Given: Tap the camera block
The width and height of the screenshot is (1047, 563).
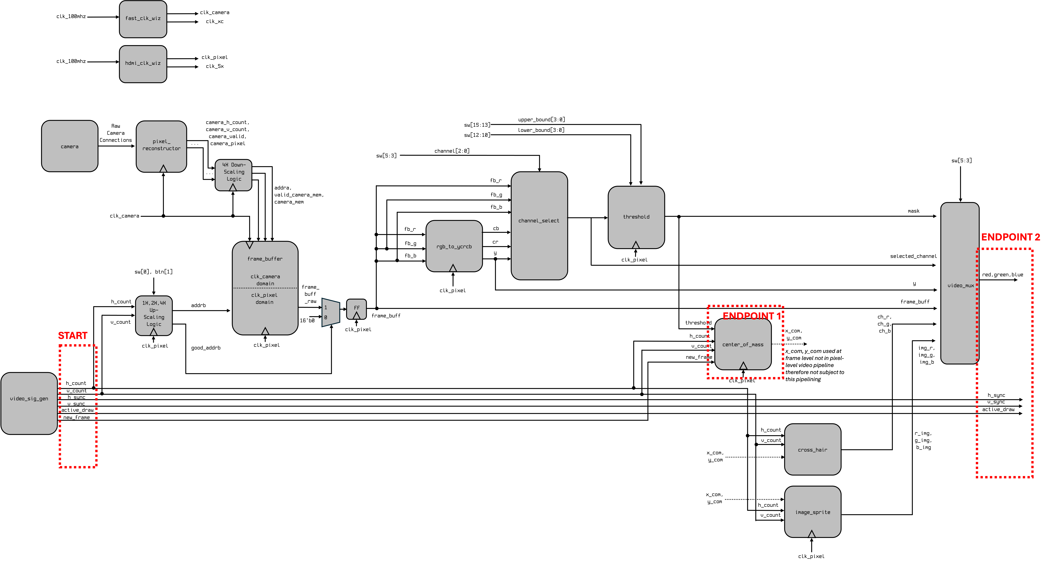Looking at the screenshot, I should [69, 146].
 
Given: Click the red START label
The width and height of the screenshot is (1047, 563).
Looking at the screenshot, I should [73, 335].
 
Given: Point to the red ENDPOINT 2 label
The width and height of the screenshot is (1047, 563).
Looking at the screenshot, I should [1010, 237].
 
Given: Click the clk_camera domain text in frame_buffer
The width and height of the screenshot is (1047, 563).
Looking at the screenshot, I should [265, 280].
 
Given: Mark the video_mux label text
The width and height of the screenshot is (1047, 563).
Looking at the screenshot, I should [960, 285].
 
